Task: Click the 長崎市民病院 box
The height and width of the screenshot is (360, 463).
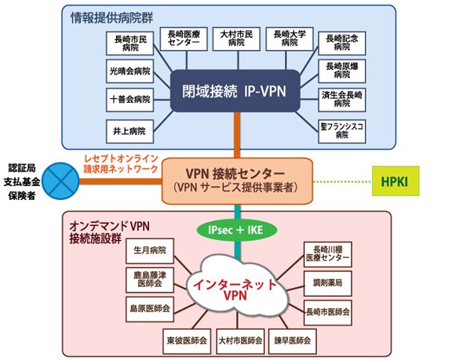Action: tap(130, 43)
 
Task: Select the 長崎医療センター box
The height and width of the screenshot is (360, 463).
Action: tap(184, 39)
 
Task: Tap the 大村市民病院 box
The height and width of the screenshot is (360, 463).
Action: tap(236, 39)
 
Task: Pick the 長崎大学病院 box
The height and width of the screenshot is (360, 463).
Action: tap(290, 39)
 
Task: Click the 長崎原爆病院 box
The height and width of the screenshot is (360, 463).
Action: tap(342, 71)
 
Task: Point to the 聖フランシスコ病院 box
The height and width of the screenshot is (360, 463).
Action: tap(342, 131)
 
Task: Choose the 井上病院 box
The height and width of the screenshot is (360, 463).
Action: tap(130, 131)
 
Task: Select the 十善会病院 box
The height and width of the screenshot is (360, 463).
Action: tap(130, 100)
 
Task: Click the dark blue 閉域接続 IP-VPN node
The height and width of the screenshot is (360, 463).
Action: tap(235, 91)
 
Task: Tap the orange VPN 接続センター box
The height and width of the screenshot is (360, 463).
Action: tap(237, 181)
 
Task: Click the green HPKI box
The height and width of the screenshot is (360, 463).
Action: tap(396, 181)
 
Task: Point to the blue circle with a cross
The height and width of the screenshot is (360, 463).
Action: tap(60, 181)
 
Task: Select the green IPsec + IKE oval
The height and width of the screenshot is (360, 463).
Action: tap(237, 230)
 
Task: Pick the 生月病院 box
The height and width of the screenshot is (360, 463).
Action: tap(150, 251)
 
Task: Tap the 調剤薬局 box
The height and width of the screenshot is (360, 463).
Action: tap(328, 283)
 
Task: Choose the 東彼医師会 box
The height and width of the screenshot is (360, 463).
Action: tap(187, 341)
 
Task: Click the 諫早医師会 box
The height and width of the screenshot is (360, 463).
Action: tap(293, 341)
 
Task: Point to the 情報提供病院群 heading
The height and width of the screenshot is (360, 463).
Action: tap(112, 18)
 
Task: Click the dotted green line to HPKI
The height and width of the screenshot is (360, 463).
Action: tap(342, 181)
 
